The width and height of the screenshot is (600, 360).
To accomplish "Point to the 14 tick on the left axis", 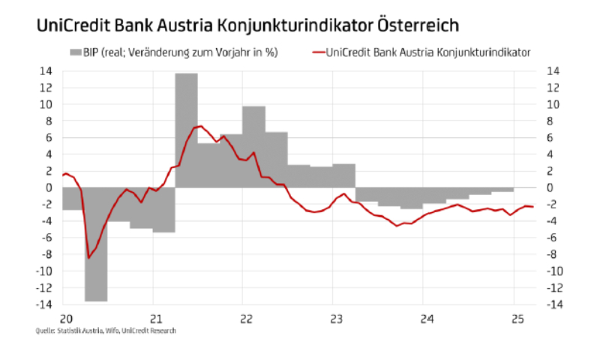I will tap(46, 71).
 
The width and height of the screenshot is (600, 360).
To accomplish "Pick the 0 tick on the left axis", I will tap(49, 187).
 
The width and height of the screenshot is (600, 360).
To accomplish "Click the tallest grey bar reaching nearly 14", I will tap(186, 127).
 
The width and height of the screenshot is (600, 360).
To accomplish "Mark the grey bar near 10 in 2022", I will tap(253, 146).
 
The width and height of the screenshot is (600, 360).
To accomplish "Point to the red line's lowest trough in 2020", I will tap(89, 258).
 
